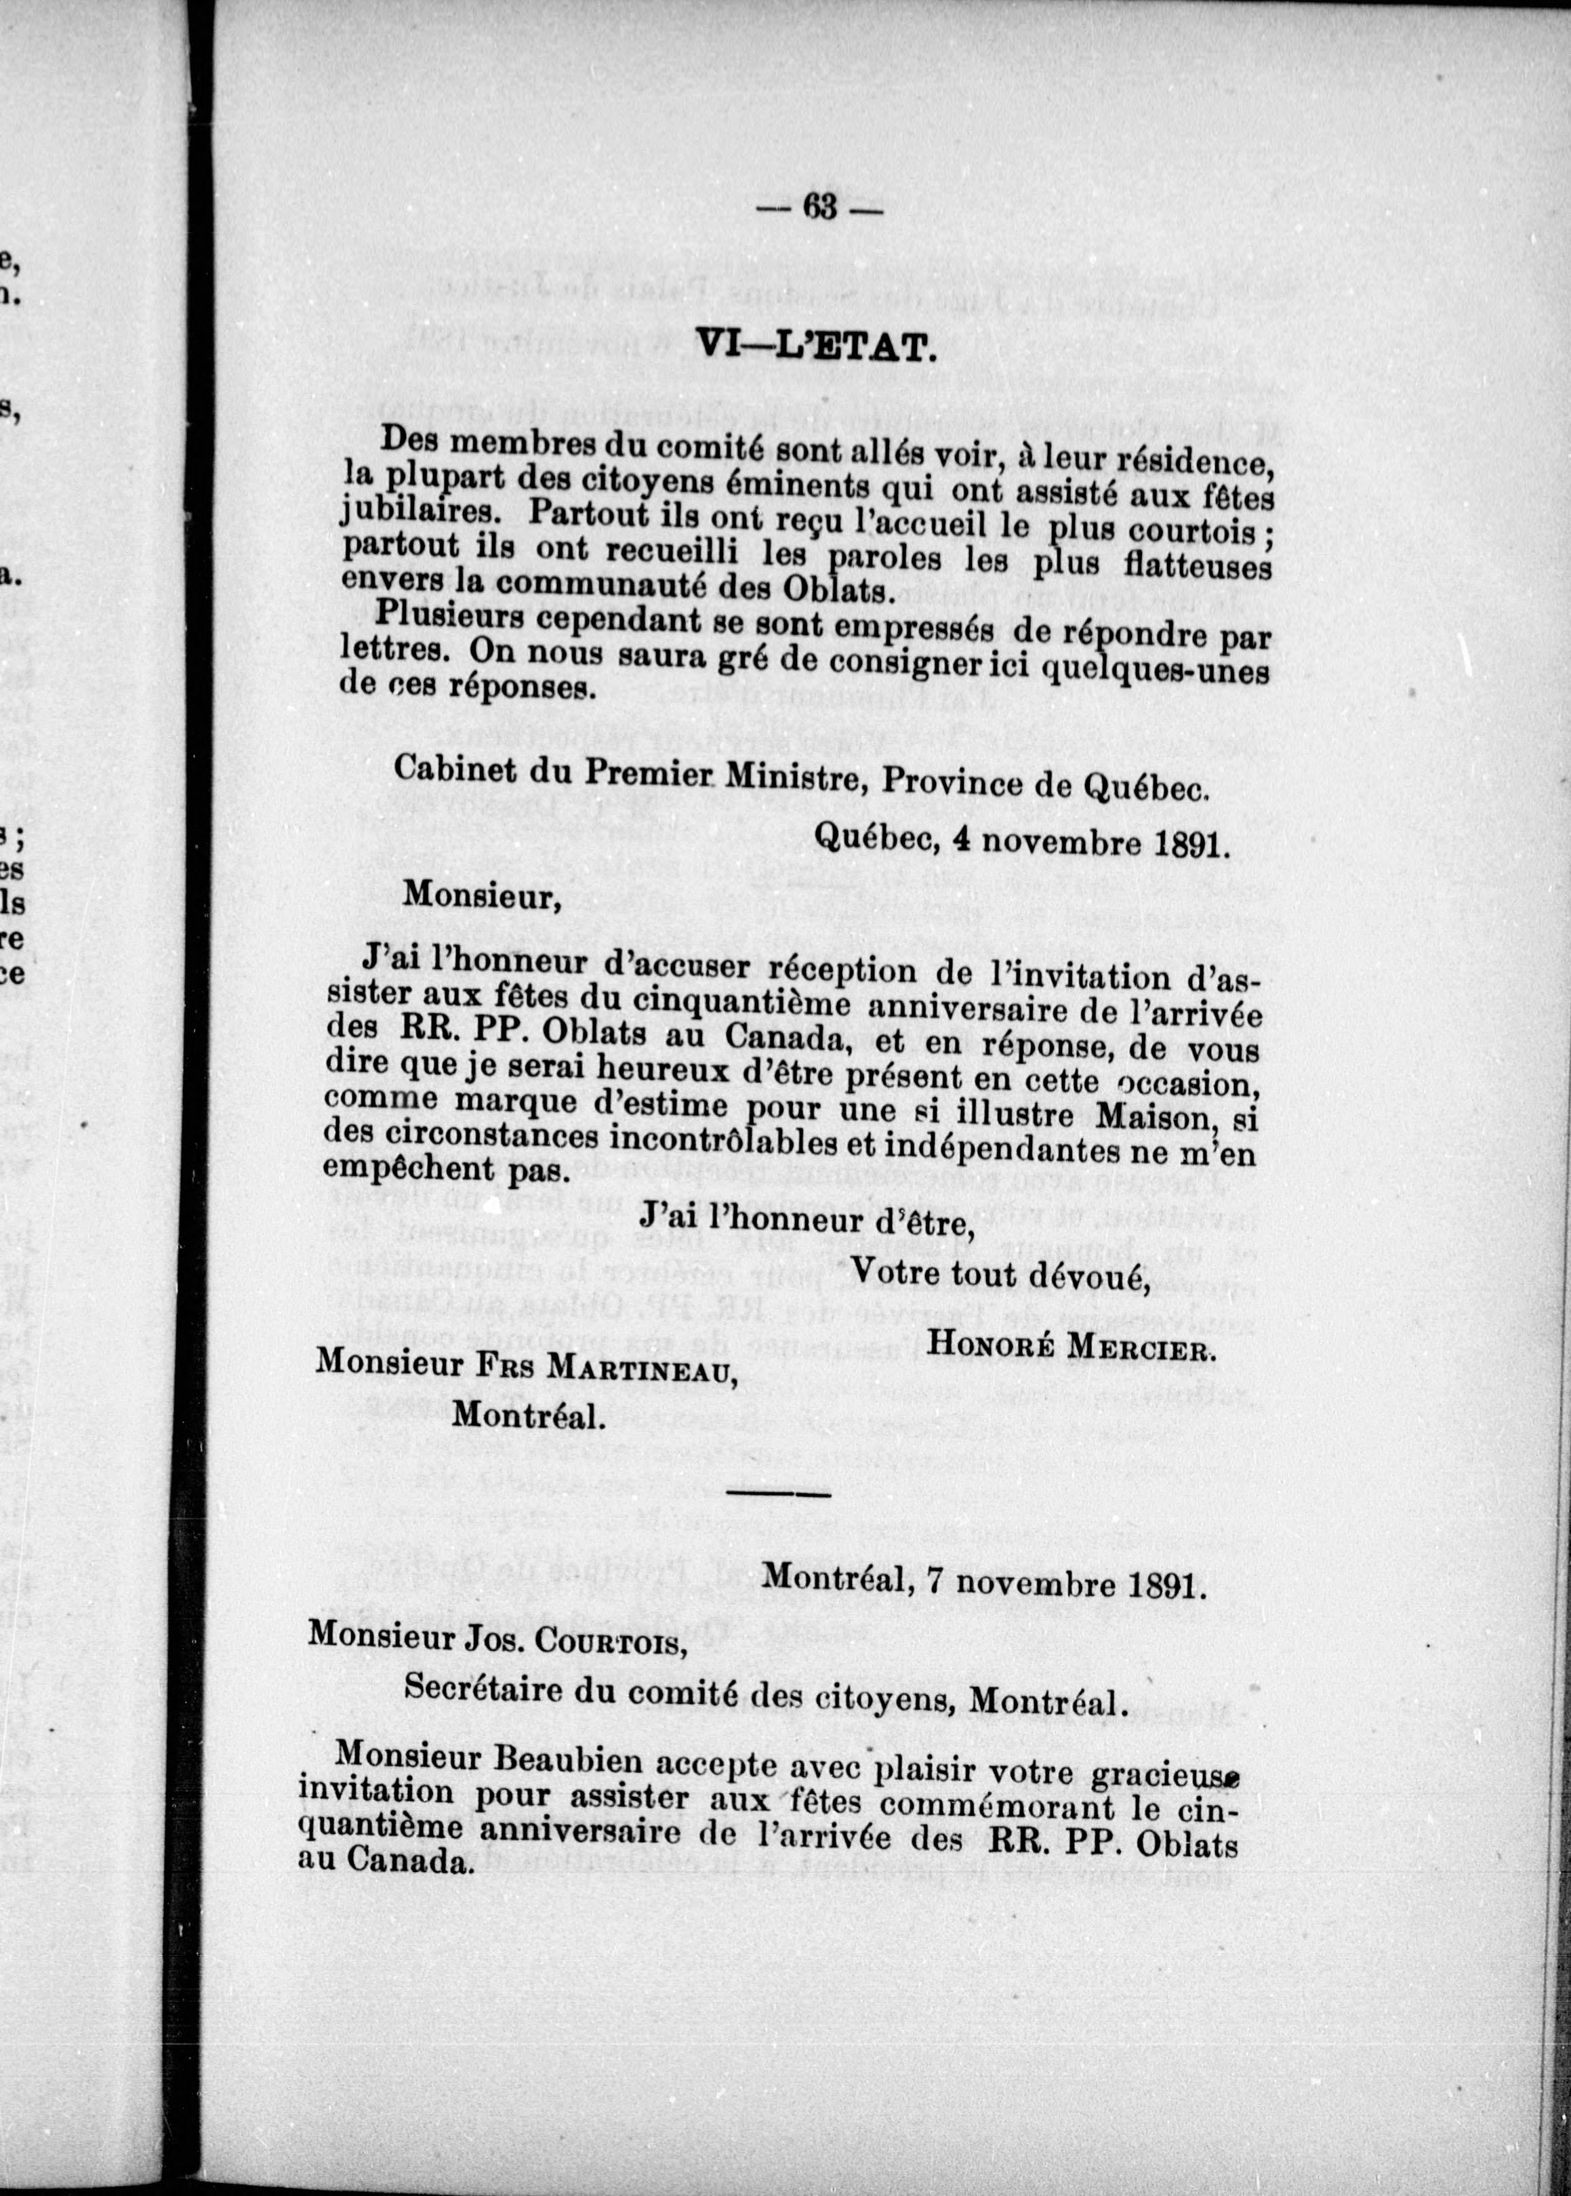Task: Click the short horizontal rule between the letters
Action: tap(778, 1494)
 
